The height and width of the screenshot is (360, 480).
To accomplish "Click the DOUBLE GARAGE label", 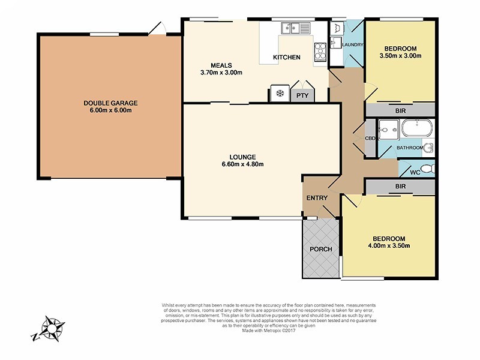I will click(107, 103).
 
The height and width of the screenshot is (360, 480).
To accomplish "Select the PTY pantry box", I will click(301, 95).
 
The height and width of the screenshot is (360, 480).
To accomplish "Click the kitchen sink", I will click(295, 28).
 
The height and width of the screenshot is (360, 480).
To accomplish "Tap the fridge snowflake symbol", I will click(279, 94).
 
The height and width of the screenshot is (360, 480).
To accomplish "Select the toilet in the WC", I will click(427, 169).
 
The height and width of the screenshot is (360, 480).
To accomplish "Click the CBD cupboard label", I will click(370, 138).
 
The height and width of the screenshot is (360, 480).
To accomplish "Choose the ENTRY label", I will click(316, 198).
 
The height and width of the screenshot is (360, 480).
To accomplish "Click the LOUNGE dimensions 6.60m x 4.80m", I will click(242, 164).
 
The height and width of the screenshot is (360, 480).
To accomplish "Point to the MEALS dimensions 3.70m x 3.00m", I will click(221, 73).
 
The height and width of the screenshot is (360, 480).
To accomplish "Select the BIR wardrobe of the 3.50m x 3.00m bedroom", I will click(400, 111).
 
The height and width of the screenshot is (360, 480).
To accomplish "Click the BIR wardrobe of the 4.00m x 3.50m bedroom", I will click(400, 187).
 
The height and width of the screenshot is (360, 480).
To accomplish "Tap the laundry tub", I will click(335, 28).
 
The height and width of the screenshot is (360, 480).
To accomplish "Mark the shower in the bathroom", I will click(388, 128).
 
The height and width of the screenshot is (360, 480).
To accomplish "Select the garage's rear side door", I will click(157, 28).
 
